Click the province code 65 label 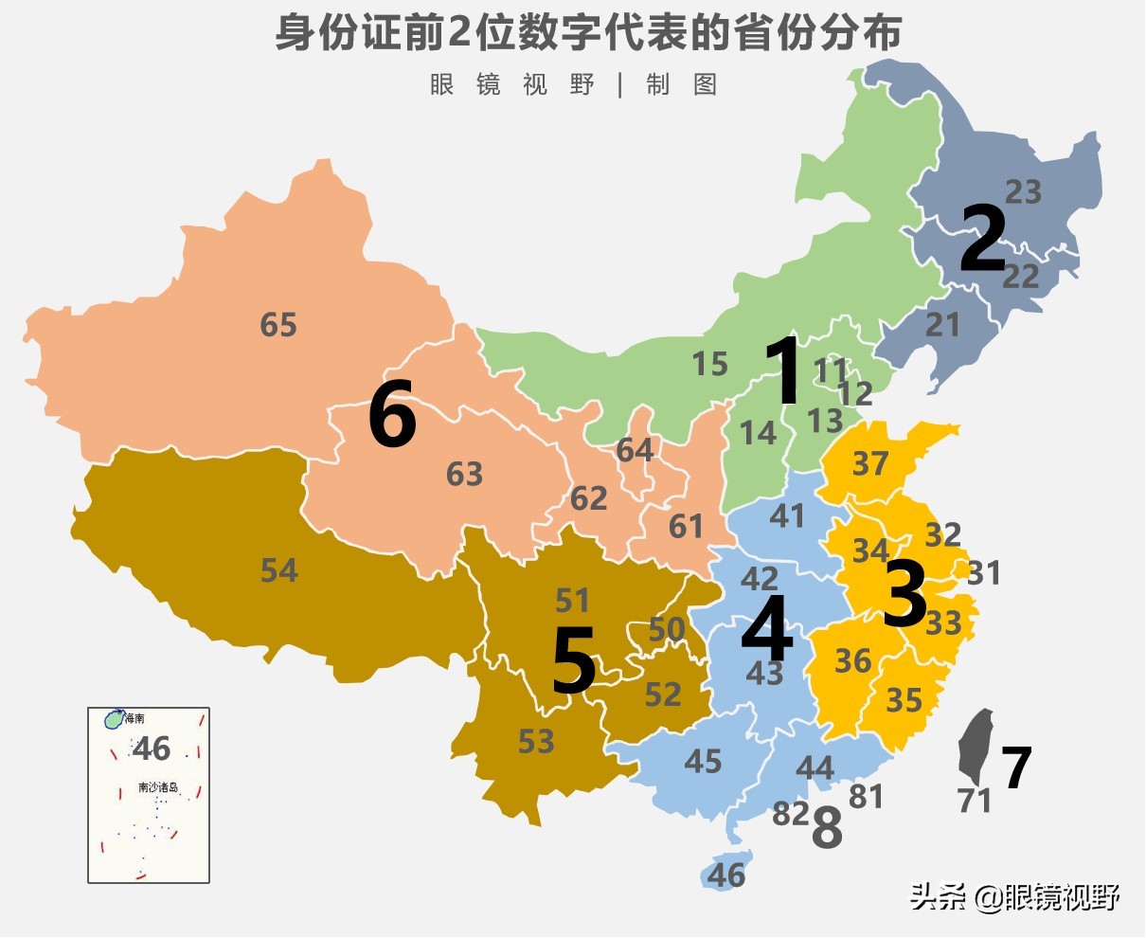pos(278,325)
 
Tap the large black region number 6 pos(392,418)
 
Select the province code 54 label pos(279,570)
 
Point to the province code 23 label pos(1023,192)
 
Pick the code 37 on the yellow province pos(870,463)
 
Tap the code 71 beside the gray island pos(975,801)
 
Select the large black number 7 pos(1016,768)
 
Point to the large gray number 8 pos(827,830)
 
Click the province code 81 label pos(866,797)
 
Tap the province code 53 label pos(536,741)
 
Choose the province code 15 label pos(709,364)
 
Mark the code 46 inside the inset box pos(152,749)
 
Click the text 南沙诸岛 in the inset pos(157,787)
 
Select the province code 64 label pos(635,449)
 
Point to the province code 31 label pos(984,573)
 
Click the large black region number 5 pos(574,661)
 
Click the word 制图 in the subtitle pos(682,84)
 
